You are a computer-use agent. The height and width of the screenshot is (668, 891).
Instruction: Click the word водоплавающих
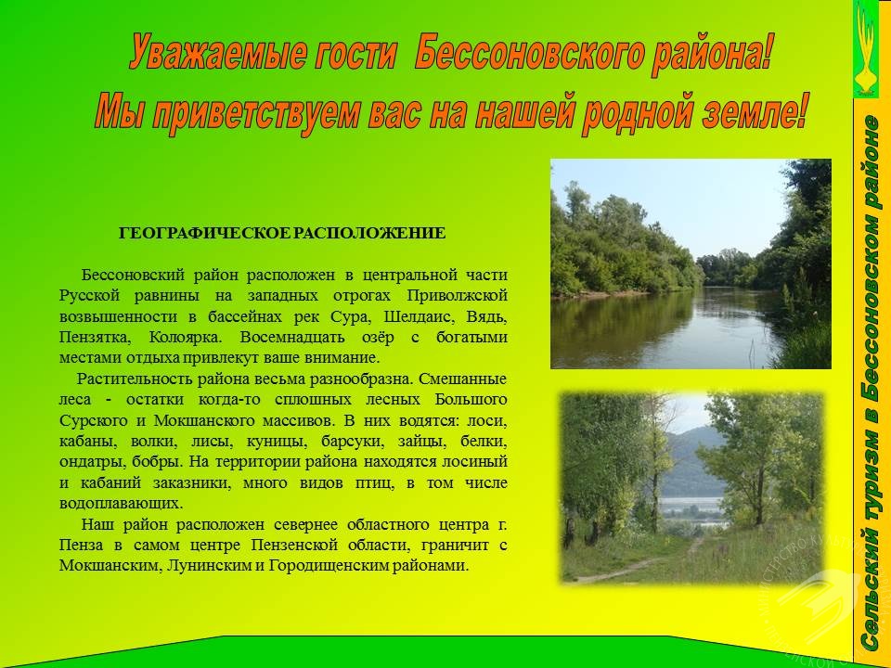(x=121, y=504)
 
